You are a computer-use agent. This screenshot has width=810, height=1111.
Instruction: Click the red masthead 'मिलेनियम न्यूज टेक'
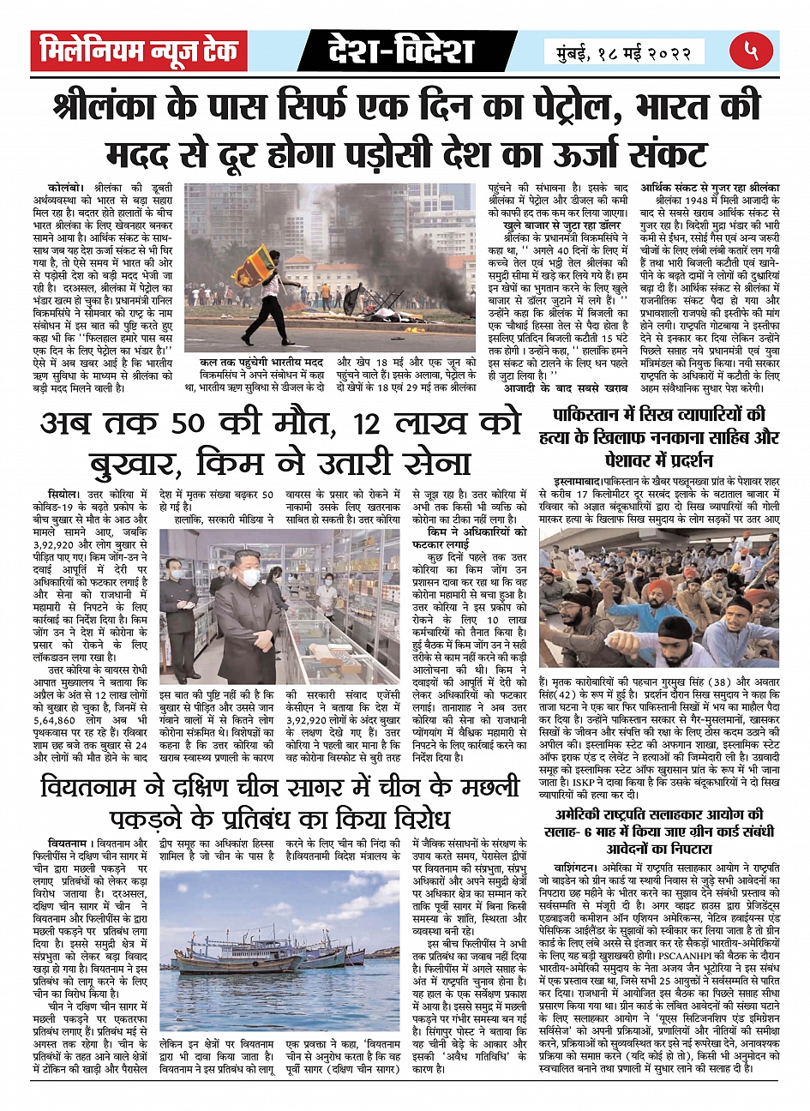[x=139, y=51]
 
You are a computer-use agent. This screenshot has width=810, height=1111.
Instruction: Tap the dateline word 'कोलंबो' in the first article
[x=64, y=186]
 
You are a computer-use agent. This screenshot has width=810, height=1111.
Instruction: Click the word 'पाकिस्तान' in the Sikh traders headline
[x=593, y=416]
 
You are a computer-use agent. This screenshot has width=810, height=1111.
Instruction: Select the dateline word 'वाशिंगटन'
[x=567, y=868]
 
